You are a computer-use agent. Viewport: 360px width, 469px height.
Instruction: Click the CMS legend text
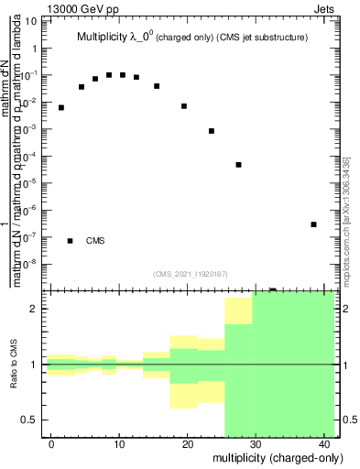point(95,241)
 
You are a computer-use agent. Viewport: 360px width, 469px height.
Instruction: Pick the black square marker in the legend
point(71,241)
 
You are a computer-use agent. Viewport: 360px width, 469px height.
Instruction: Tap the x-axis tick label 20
point(187,444)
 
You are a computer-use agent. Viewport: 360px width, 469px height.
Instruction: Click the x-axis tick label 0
point(52,444)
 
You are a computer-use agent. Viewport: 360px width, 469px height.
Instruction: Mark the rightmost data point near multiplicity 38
point(313,224)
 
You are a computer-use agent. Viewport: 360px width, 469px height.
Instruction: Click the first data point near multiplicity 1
point(61,107)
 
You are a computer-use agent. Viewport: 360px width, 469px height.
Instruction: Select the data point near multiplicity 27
point(238,165)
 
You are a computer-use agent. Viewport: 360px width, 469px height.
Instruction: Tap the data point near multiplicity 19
point(184,106)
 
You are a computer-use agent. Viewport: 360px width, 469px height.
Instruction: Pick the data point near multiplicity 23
point(212,131)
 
